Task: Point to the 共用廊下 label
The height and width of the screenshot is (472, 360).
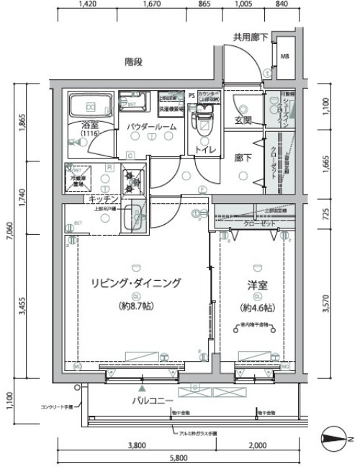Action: pyautogui.click(x=249, y=36)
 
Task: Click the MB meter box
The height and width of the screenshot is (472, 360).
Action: pyautogui.click(x=284, y=55)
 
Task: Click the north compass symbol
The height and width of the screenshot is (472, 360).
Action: pyautogui.click(x=336, y=437)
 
